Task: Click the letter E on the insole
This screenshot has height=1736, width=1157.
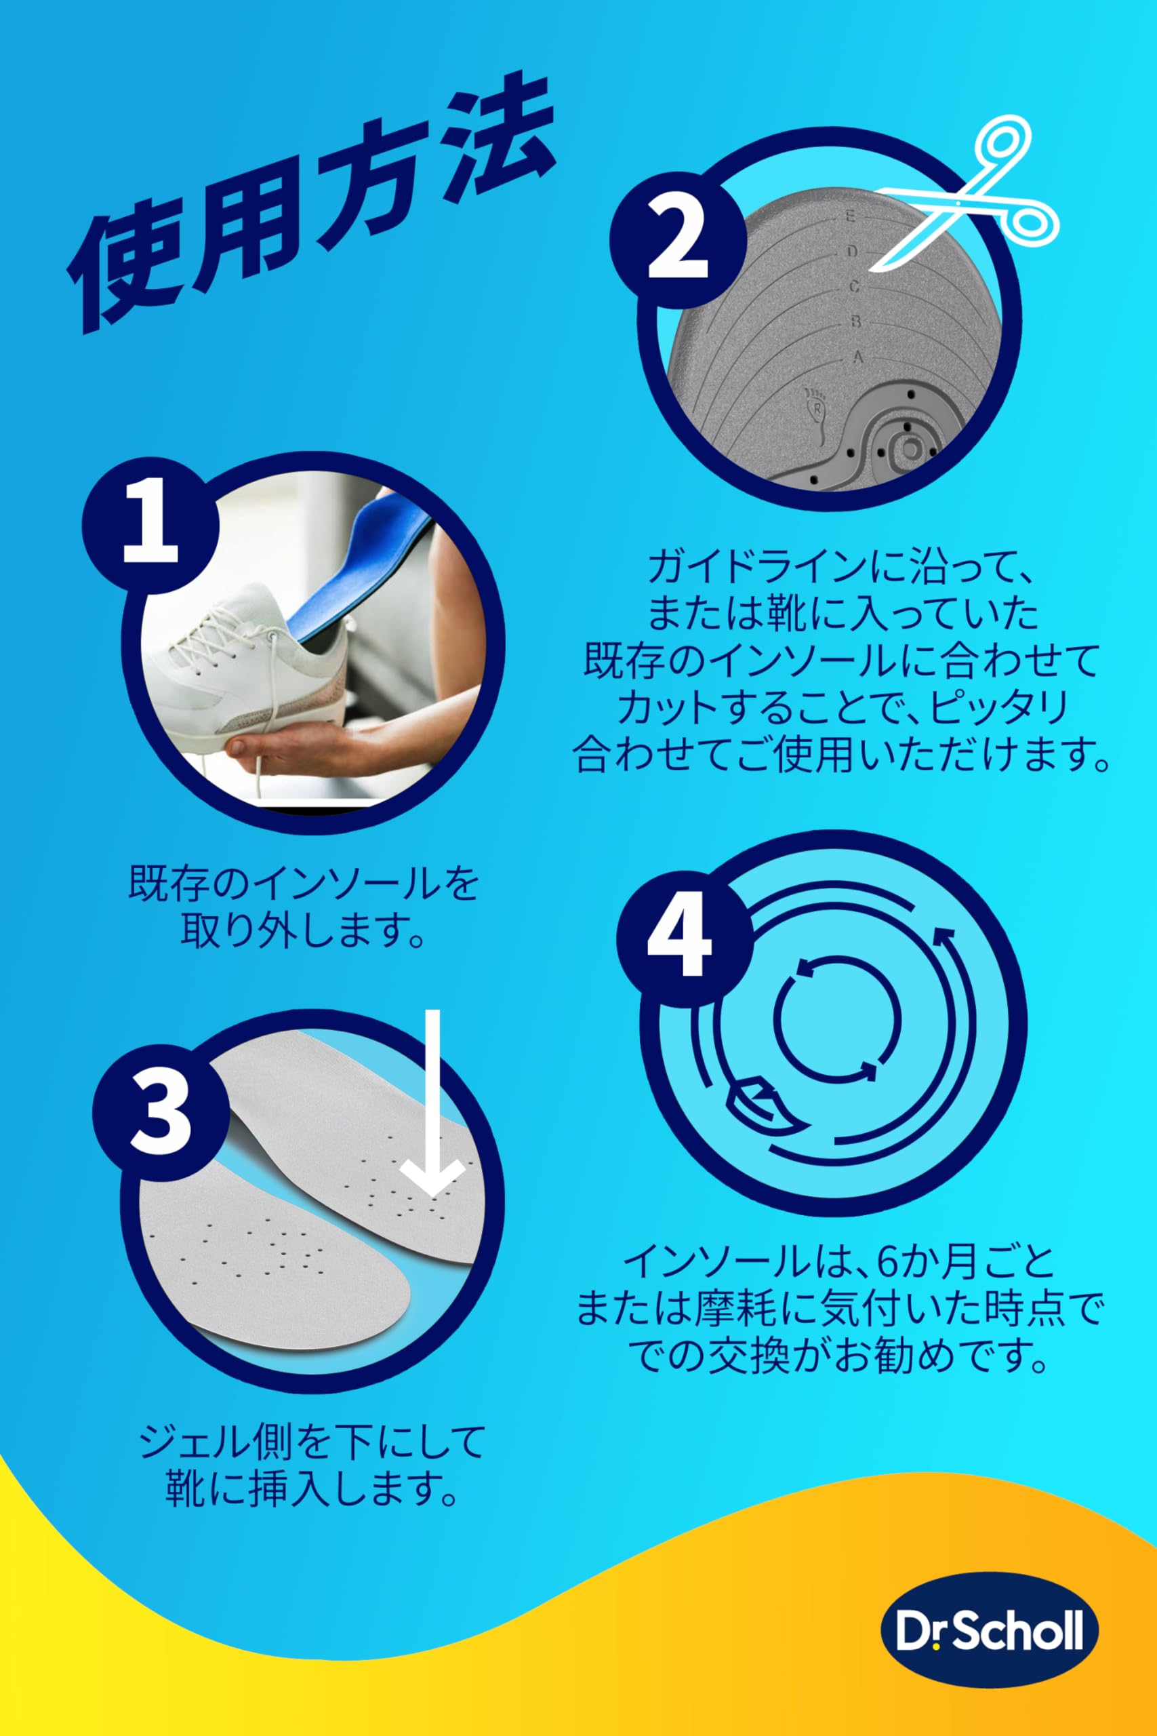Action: pyautogui.click(x=851, y=217)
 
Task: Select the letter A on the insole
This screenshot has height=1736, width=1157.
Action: pyautogui.click(x=858, y=357)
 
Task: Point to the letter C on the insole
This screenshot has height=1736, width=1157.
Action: pyautogui.click(x=855, y=286)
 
